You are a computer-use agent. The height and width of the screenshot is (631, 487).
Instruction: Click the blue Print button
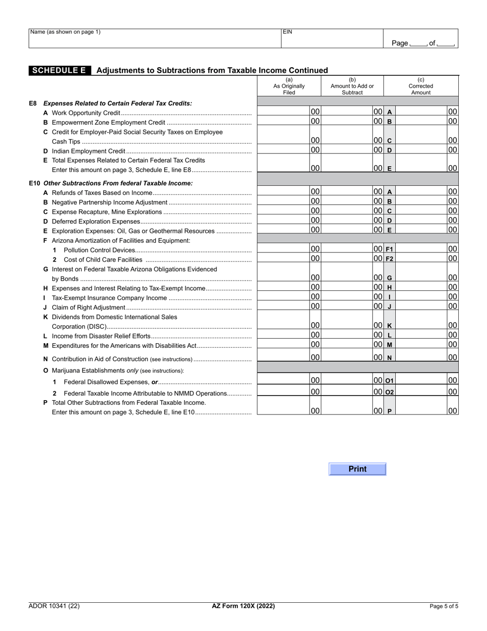click(357, 469)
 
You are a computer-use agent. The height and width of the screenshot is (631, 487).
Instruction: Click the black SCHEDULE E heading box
click(60, 70)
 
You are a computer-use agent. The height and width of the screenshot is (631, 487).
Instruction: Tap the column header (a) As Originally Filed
click(289, 86)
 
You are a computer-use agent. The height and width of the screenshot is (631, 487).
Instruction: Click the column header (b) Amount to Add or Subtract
click(352, 86)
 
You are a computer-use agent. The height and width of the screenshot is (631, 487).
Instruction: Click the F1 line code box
click(389, 249)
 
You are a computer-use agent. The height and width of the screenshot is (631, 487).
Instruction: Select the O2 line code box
click(389, 392)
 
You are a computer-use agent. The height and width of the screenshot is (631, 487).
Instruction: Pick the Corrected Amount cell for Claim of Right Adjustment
click(421, 306)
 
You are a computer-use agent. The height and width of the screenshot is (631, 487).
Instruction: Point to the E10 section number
click(34, 183)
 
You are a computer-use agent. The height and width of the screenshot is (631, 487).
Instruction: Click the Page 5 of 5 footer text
click(443, 606)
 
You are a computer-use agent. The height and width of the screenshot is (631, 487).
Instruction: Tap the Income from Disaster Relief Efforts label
click(101, 336)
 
